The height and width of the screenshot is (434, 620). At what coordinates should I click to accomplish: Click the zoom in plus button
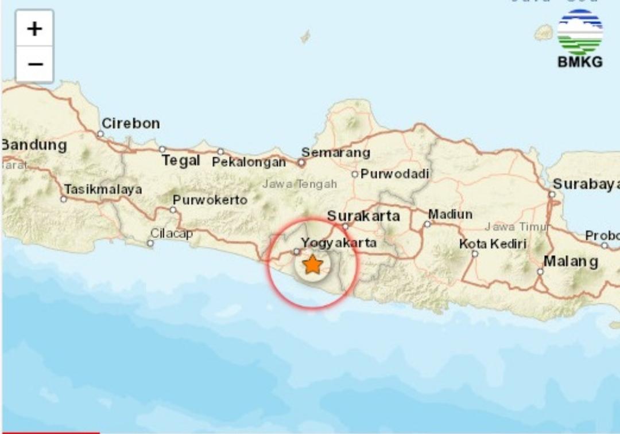[35, 29]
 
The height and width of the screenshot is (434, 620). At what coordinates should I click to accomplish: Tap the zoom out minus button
[35, 64]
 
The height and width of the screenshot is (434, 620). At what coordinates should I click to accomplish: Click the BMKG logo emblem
[580, 33]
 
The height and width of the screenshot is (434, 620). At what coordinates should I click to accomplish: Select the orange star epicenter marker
[312, 265]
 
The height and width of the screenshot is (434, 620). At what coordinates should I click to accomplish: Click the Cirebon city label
[131, 123]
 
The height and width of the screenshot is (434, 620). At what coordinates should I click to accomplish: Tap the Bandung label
[34, 145]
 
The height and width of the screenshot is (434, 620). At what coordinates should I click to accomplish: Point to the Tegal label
[181, 161]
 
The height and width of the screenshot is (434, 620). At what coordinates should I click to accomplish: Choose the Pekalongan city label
[249, 162]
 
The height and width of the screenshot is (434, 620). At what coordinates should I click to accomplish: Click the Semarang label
[336, 153]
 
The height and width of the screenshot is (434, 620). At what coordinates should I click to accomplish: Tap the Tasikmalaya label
[103, 189]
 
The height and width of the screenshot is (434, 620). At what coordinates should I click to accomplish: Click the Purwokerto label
[210, 200]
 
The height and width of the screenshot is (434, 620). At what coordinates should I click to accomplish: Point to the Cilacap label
[172, 233]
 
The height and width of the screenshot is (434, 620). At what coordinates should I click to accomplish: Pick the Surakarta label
[363, 216]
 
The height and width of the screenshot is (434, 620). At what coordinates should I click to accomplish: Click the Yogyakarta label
[339, 243]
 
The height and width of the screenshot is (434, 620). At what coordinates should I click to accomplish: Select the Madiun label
[450, 214]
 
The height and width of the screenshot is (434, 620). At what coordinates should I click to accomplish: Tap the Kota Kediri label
[493, 244]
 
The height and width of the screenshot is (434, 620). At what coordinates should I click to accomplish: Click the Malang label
[571, 261]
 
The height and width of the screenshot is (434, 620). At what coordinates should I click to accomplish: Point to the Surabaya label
[586, 184]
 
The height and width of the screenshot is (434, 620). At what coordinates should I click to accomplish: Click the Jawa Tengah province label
[300, 184]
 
